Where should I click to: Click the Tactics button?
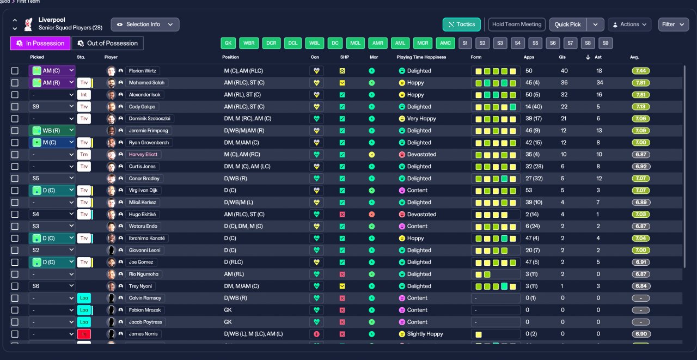tap(462, 25)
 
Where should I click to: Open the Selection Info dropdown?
tap(145, 25)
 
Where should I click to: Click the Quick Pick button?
tap(567, 25)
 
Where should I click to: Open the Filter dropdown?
tap(673, 25)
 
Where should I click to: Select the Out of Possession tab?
tap(107, 44)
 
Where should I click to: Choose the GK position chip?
tap(228, 44)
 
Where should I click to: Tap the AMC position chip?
tap(445, 44)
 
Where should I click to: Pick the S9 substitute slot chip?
tap(606, 44)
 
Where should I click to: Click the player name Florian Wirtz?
tap(142, 71)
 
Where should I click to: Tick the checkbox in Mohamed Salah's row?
tap(15, 83)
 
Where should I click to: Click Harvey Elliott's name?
tap(143, 155)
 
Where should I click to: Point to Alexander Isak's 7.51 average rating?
tap(641, 95)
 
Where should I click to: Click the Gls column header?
tap(562, 57)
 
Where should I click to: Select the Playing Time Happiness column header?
tap(421, 57)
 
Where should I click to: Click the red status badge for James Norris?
tap(84, 334)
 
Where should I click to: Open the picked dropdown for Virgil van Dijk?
tap(52, 191)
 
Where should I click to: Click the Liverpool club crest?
tap(28, 25)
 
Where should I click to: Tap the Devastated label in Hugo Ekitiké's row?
tap(421, 215)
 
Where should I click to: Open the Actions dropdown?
tap(629, 25)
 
